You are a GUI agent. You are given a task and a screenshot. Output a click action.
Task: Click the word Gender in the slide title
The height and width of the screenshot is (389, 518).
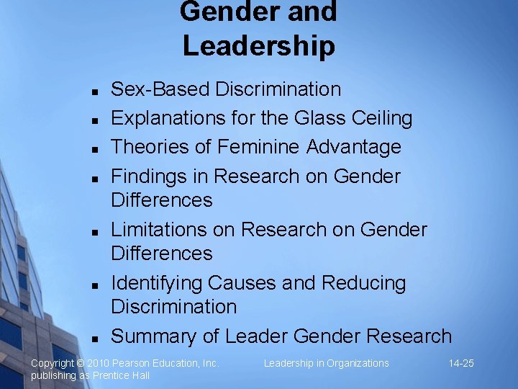[220, 12]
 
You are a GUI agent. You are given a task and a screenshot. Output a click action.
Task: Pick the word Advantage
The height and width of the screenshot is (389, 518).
[354, 147]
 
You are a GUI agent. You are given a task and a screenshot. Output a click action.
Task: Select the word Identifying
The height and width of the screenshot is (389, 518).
[156, 283]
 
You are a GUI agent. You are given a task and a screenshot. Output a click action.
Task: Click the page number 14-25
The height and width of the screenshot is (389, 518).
[460, 363]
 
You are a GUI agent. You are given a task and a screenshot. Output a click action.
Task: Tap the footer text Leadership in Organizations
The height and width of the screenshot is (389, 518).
[326, 363]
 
